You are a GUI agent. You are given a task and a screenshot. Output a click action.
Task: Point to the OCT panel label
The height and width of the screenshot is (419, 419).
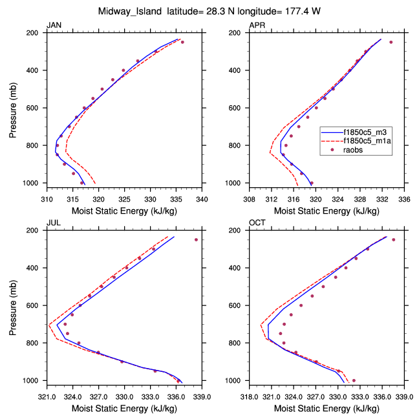(257, 223)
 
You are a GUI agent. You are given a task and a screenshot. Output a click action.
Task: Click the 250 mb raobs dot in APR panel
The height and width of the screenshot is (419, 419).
(391, 42)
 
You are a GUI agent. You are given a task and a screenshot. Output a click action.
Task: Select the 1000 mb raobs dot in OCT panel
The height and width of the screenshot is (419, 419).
(353, 380)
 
